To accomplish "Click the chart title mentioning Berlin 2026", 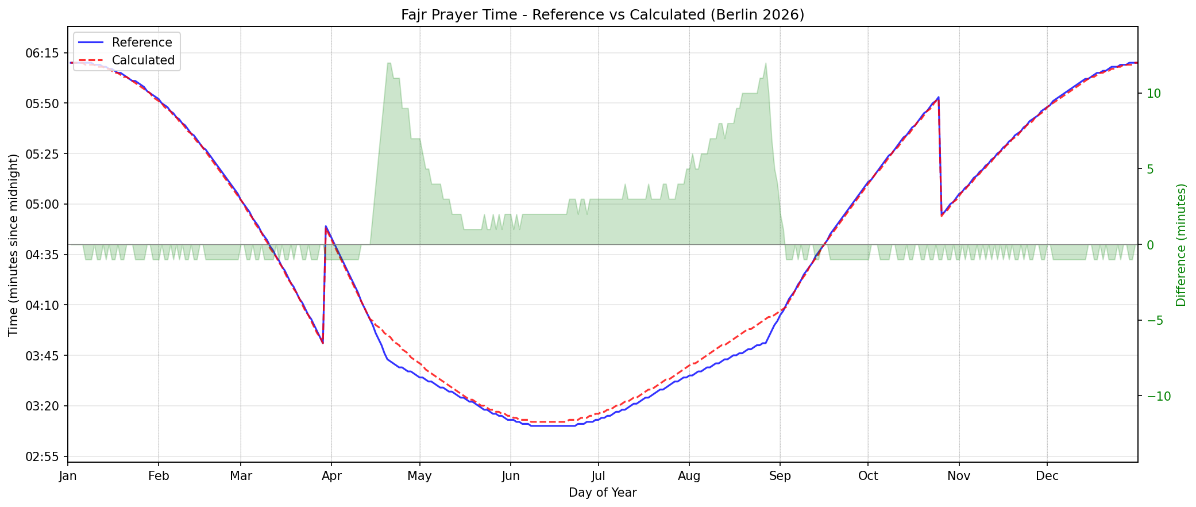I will click(602, 15).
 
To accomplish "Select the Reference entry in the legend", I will click(141, 43).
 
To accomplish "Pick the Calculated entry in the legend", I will click(142, 60).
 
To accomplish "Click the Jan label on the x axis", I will click(68, 476).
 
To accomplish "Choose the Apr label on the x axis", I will click(331, 476).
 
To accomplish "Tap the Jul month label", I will click(599, 476).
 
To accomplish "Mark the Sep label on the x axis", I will click(780, 476).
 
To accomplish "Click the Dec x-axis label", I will click(1047, 476).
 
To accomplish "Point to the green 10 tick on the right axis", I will click(1153, 93).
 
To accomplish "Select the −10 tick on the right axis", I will click(1155, 397).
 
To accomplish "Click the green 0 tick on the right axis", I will click(1149, 245).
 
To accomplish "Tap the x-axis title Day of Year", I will click(602, 493).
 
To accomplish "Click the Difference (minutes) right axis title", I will click(1181, 245).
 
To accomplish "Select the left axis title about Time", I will click(13, 245).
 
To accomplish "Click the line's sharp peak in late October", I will click(938, 97).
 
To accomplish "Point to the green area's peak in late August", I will click(766, 63).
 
